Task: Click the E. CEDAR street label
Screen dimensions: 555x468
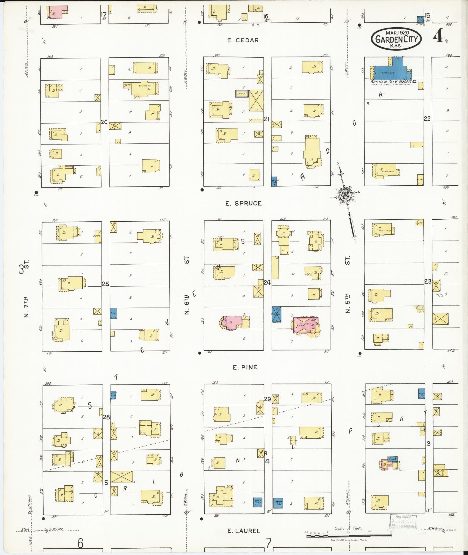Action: (x=243, y=40)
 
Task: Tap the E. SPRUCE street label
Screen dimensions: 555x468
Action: (x=243, y=203)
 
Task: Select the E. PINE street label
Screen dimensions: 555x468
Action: (x=245, y=367)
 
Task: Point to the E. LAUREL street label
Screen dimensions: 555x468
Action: (x=243, y=531)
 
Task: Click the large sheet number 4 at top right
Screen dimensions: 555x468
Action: (x=438, y=36)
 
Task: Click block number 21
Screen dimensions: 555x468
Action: (x=267, y=119)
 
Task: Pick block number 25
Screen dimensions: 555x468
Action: (x=105, y=284)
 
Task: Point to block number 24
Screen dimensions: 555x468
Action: (x=267, y=282)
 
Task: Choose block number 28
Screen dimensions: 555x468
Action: (x=106, y=417)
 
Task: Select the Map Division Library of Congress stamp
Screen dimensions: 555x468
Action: (x=403, y=521)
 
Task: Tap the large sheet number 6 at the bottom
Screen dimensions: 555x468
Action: (x=80, y=543)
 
